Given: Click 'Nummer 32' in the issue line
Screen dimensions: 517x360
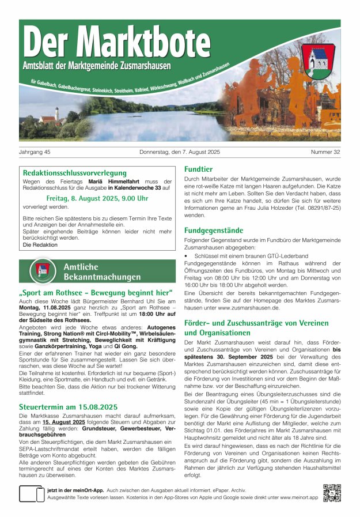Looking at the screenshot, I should click(x=325, y=152).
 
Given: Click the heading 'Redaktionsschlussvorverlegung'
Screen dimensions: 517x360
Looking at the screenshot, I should click(x=75, y=172).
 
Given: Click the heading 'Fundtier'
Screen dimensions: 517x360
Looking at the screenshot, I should click(x=198, y=169).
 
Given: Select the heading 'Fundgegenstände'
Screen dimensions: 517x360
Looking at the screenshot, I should click(x=213, y=230).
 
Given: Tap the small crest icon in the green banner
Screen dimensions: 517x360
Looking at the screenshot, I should click(x=43, y=270).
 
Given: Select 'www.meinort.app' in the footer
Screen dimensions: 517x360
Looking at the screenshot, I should click(x=297, y=496).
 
